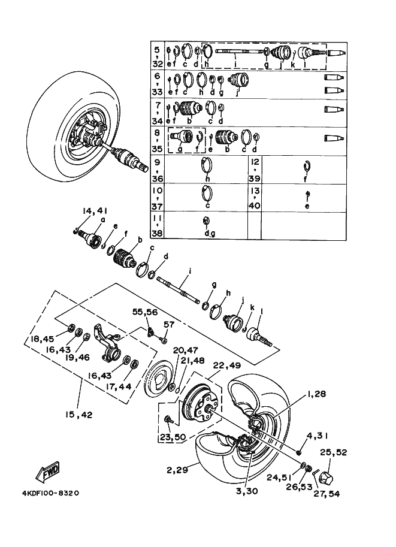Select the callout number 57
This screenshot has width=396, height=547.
168,324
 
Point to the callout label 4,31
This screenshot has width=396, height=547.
317,435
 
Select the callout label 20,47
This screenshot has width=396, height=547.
185,350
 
